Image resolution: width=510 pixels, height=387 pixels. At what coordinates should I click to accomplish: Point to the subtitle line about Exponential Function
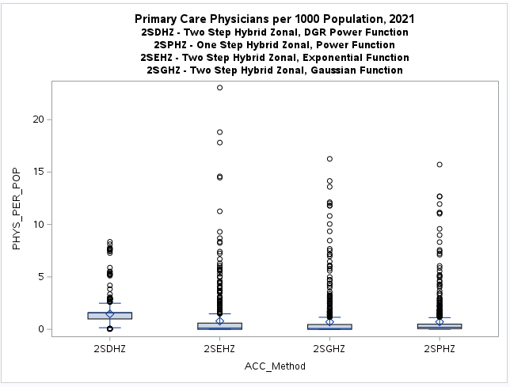274,58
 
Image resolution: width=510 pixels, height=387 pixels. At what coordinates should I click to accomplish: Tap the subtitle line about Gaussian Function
274,70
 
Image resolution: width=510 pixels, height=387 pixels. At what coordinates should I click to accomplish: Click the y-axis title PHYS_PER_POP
17,210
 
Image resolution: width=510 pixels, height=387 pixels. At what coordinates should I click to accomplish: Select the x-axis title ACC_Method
275,366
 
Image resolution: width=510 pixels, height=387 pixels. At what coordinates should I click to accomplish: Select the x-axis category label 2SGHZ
329,348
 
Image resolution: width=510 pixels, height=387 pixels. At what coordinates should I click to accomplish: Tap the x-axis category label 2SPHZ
440,348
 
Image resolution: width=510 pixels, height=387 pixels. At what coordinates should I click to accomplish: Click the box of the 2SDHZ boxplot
110,315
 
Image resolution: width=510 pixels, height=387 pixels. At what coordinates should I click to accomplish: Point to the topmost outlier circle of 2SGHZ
329,159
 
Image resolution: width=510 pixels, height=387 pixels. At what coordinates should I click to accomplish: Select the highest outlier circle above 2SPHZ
440,165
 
